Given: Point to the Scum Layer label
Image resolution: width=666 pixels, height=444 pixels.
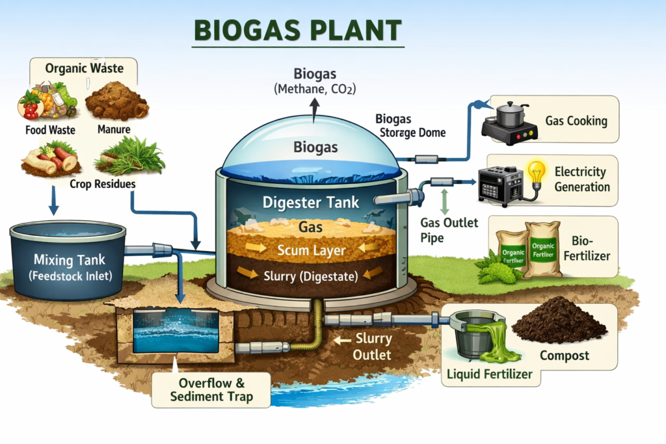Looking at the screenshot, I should (x=312, y=250).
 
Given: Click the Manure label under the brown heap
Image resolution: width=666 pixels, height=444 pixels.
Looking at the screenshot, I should (x=114, y=129).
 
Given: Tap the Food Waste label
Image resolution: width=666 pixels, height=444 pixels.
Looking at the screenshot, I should (x=50, y=129).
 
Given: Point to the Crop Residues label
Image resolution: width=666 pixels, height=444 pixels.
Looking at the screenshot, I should (x=103, y=183).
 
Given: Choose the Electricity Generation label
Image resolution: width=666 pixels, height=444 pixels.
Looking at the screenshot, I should (x=582, y=179).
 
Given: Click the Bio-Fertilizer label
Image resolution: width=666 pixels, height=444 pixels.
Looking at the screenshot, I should (x=589, y=248).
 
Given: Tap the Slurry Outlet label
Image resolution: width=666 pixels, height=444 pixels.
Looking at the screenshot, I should (x=373, y=346).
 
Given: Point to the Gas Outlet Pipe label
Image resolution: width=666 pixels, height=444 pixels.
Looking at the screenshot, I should (x=449, y=230).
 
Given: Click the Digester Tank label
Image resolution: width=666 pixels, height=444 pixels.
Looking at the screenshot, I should (x=311, y=202).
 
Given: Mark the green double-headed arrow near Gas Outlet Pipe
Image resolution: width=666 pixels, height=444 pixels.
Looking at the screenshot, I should (x=444, y=201).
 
